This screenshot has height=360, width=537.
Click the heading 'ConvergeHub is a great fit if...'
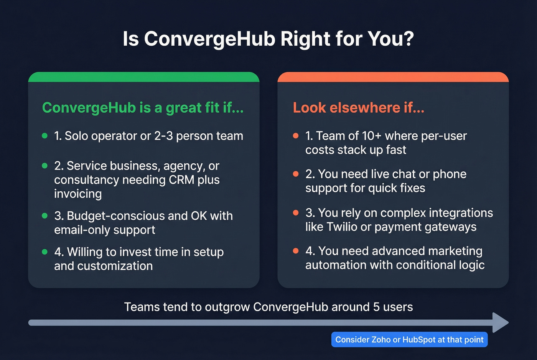click(143, 108)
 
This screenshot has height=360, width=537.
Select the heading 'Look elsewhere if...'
click(358, 108)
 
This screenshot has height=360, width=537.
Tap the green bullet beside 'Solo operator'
click(45, 136)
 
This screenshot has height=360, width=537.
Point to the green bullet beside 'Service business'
click(45, 166)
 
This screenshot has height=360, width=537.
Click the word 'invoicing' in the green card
click(78, 194)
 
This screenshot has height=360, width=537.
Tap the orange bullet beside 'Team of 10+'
click(296, 136)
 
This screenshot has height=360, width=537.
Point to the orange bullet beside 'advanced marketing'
click(296, 251)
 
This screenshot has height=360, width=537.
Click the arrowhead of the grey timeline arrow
click(500, 322)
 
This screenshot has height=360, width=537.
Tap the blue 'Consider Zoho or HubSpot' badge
click(409, 340)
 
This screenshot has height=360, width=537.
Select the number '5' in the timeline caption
click(376, 307)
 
